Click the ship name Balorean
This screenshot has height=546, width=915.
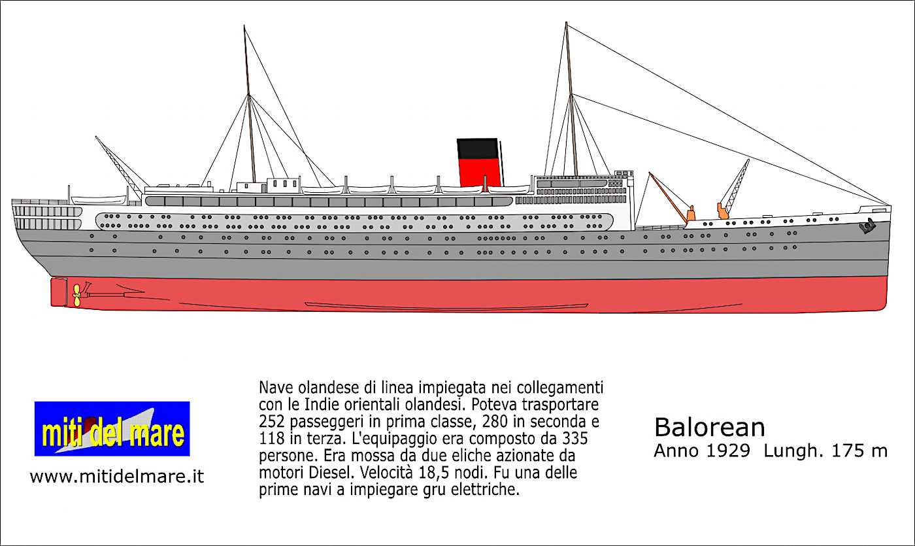pos(709,428)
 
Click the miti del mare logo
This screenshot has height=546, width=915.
pos(112,429)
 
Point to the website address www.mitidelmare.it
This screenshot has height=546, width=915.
pos(117,477)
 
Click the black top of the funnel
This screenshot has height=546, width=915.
pos(477,148)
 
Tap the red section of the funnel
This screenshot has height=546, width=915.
pos(479,172)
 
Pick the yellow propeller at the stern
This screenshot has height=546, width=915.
pos(77,295)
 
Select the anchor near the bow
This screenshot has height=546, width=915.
pos(867,227)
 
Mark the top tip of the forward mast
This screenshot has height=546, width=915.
pos(566,23)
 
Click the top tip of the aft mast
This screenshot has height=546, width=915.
pos(244,26)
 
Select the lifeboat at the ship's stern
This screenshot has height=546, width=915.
pos(98,200)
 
